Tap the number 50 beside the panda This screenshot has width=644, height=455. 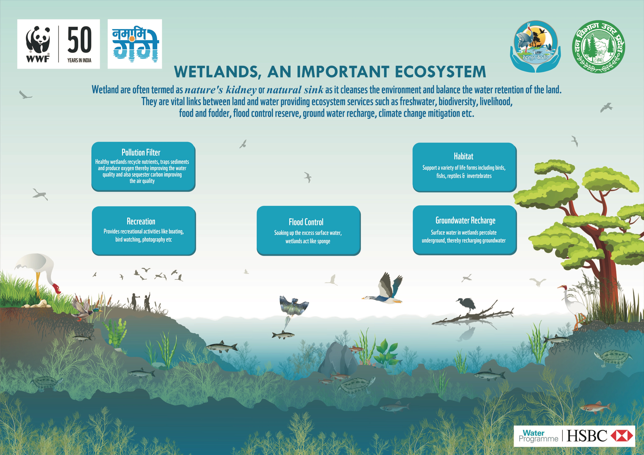click(x=79, y=40)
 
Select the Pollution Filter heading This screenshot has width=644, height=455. click(x=141, y=152)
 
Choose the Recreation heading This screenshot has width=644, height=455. click(x=141, y=221)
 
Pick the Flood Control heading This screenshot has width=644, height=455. click(x=306, y=222)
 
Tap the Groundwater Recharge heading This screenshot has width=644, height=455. click(x=465, y=221)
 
